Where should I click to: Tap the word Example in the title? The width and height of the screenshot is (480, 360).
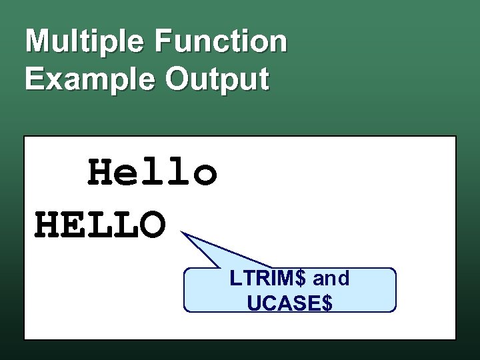point(91,79)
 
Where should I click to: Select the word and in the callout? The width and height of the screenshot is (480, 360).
point(331,279)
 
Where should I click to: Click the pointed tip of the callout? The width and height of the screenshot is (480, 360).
point(181,233)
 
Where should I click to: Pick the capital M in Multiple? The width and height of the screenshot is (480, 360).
point(37,41)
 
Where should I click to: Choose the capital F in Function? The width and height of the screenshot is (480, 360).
point(162,41)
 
